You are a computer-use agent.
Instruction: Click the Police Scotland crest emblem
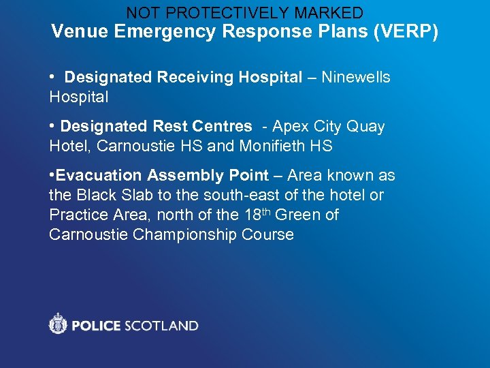[59, 324]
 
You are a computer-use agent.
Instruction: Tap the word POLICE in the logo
[95, 326]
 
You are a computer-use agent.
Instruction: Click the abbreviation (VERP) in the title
[405, 31]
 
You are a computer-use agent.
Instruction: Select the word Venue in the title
[76, 31]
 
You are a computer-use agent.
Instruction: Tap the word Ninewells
[355, 78]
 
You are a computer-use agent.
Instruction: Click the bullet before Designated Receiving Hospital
[52, 78]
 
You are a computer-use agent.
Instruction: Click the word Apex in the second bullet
[287, 127]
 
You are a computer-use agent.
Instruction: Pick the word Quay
[366, 127]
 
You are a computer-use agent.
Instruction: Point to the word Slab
[136, 195]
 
